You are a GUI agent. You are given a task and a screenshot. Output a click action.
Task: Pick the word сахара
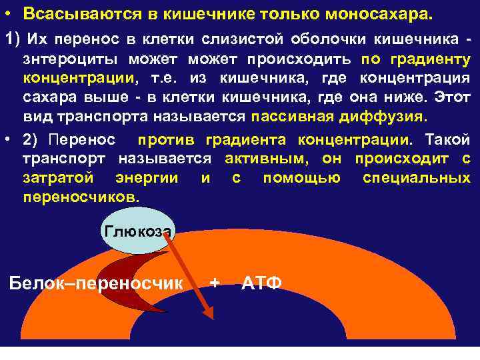pyautogui.click(x=49, y=99)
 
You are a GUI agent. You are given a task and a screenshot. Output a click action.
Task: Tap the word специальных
pyautogui.click(x=417, y=179)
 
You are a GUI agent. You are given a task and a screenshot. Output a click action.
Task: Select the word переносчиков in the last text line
pyautogui.click(x=81, y=198)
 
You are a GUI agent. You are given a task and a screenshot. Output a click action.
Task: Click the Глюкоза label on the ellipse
pyautogui.click(x=138, y=231)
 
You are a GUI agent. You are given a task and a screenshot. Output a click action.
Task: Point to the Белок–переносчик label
pyautogui.click(x=96, y=283)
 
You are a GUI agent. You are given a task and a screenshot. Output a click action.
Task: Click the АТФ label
pyautogui.click(x=261, y=283)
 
